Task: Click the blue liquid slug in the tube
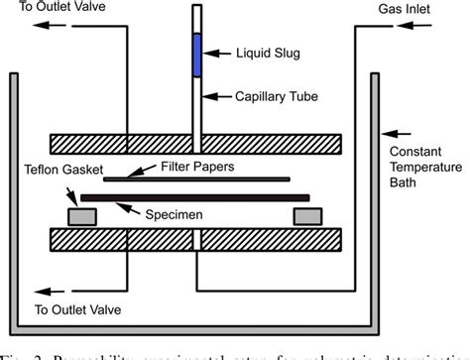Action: [x=197, y=53]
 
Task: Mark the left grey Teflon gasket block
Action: [x=81, y=214]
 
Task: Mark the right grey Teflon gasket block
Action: [x=306, y=214]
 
